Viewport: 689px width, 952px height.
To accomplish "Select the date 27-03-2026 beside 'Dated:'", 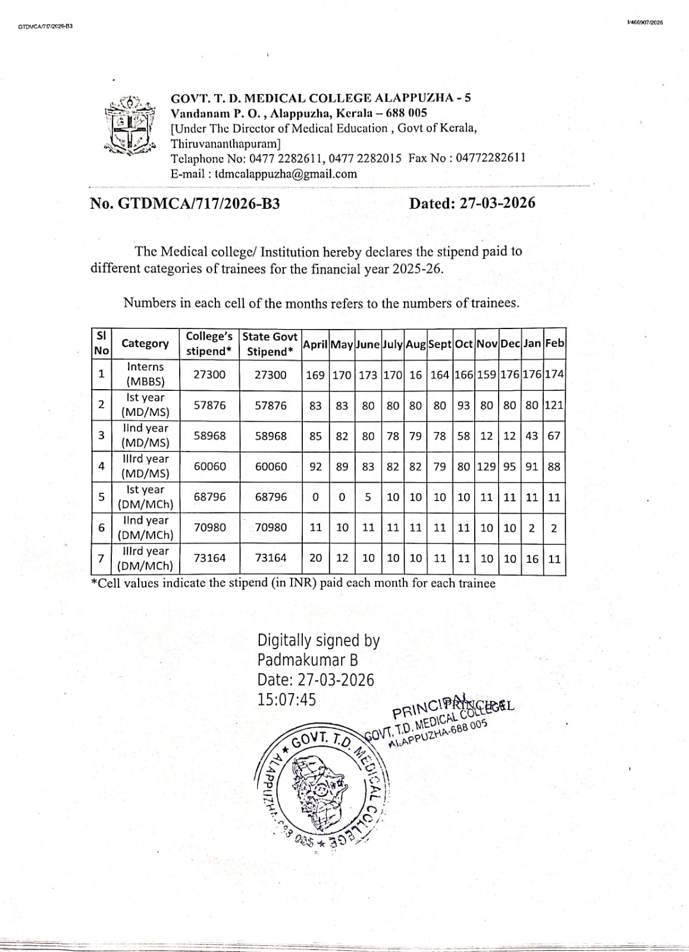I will click(x=496, y=203).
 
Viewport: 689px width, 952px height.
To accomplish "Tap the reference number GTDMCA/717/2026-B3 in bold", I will click(x=199, y=203).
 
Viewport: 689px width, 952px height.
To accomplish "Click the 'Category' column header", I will click(x=145, y=343).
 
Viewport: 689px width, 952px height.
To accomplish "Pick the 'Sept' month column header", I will click(x=440, y=344).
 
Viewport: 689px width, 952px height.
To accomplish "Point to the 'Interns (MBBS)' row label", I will click(x=145, y=374).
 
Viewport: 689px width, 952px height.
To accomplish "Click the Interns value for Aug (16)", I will click(x=415, y=375).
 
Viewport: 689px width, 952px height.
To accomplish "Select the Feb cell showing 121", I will click(x=553, y=405).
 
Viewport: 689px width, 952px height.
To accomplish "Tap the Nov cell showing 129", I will click(x=486, y=466).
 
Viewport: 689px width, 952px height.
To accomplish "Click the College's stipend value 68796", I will click(x=209, y=497).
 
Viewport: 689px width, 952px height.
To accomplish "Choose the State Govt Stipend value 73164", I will click(x=270, y=558).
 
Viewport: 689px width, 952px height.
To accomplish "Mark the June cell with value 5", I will click(x=368, y=497).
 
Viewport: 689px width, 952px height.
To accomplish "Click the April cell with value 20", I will click(x=315, y=558).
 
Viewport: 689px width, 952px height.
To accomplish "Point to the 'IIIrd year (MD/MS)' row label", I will click(x=145, y=466).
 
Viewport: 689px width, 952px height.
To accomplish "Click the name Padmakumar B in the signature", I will click(x=308, y=660).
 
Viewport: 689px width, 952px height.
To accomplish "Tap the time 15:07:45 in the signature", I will click(x=286, y=699).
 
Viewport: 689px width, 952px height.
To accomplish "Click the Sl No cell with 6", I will click(x=101, y=528).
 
